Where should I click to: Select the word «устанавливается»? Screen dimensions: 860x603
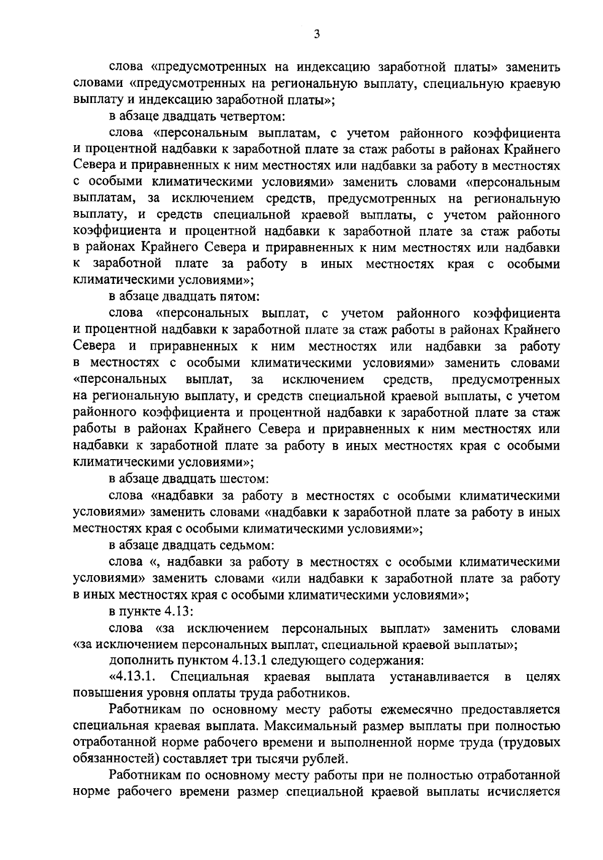[x=439, y=677]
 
